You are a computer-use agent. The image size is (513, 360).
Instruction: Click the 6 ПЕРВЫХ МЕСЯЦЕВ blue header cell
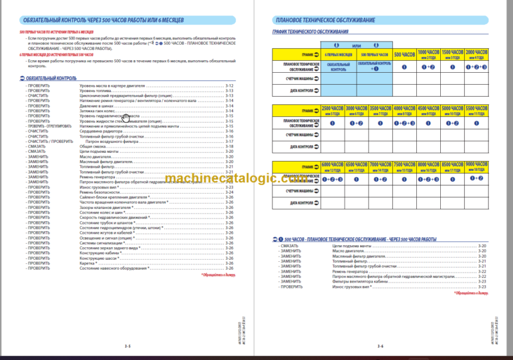pos(339,54)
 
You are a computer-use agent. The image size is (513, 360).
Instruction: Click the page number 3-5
pos(127,346)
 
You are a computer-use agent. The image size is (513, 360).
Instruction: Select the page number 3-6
pos(379,346)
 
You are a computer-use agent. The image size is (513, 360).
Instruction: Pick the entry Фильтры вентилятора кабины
pos(361,282)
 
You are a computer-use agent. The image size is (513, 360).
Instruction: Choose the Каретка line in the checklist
pos(90,262)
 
